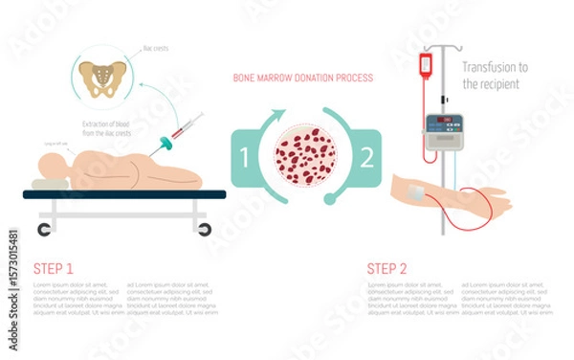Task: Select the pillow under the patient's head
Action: pyautogui.click(x=48, y=183)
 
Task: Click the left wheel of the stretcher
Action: pyautogui.click(x=45, y=229)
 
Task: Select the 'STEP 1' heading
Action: pyautogui.click(x=54, y=269)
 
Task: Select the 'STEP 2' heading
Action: pyautogui.click(x=388, y=269)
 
